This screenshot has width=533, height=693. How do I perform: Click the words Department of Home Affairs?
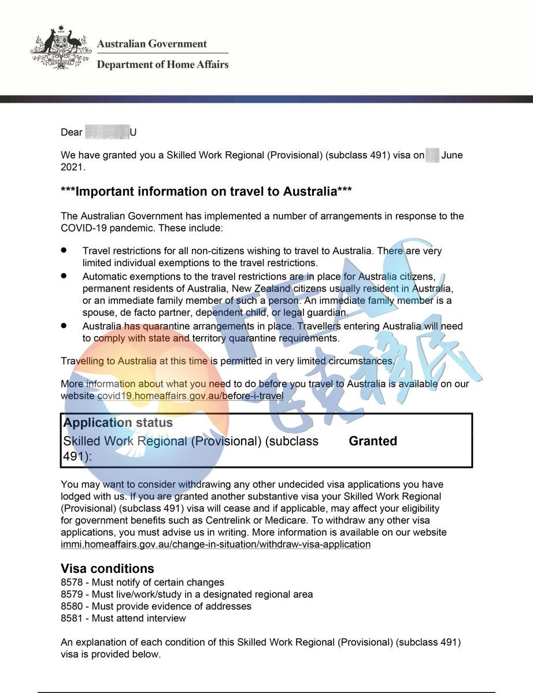coord(162,64)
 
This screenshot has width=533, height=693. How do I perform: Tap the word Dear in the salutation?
coord(72,133)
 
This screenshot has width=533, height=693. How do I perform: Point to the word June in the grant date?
coord(451,155)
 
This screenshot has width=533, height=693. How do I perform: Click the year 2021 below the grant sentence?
coord(72,167)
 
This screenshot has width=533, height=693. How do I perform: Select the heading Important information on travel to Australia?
coord(206,191)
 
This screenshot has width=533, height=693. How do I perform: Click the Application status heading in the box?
coord(118,423)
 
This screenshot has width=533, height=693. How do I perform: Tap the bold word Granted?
coord(373,441)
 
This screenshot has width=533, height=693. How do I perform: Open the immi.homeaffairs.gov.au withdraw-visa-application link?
coord(216,545)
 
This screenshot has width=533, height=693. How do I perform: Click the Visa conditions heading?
coord(108,568)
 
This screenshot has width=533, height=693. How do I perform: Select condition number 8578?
coord(72,583)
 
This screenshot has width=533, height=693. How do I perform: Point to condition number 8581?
coord(72,619)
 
